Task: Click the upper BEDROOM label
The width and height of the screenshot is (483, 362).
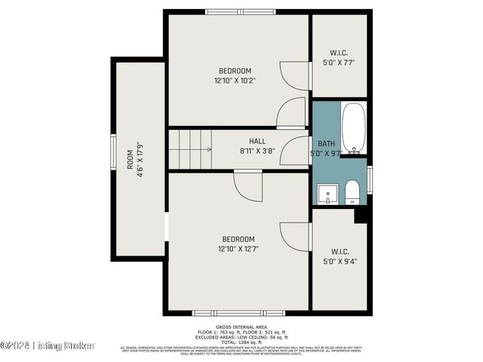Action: pos(235,71)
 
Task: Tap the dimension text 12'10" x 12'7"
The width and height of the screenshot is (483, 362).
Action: pos(238,248)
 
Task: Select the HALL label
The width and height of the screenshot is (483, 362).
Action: pos(257,141)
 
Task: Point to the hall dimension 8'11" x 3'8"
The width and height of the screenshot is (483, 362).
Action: pos(257,150)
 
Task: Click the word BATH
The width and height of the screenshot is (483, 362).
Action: pos(326,143)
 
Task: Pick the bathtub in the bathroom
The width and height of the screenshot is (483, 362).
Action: pos(353,128)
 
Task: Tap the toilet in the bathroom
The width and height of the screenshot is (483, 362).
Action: pos(352,192)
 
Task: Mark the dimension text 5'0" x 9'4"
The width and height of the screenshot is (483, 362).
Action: pos(339,261)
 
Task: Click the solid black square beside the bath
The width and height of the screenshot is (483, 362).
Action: pos(361,214)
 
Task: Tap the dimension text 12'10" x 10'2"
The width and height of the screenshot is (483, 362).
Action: pos(235,80)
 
